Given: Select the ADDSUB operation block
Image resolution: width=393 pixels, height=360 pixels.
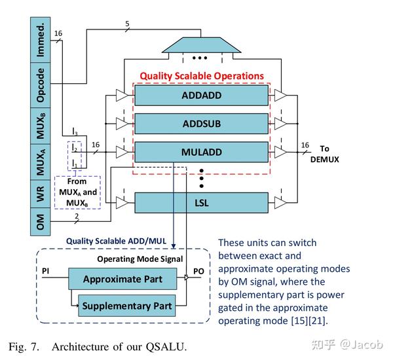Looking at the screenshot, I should pyautogui.click(x=201, y=123).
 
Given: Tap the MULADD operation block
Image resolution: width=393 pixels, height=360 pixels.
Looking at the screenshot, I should pyautogui.click(x=201, y=153).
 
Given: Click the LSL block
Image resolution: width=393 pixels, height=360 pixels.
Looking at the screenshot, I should pyautogui.click(x=201, y=202).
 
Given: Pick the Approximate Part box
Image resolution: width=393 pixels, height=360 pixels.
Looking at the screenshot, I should pyautogui.click(x=122, y=279).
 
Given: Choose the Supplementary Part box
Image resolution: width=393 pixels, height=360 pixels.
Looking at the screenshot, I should pyautogui.click(x=127, y=306).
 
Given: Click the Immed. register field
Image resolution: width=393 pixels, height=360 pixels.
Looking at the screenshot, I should pyautogui.click(x=41, y=40).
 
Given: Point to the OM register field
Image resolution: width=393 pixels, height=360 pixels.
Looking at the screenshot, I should pyautogui.click(x=41, y=223).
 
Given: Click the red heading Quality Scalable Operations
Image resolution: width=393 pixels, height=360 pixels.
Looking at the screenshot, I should pyautogui.click(x=201, y=76).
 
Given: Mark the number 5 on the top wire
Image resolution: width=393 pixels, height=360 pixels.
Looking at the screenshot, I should pyautogui.click(x=127, y=24).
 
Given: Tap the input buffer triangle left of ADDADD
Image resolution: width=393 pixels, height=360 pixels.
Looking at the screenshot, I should pyautogui.click(x=122, y=96).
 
